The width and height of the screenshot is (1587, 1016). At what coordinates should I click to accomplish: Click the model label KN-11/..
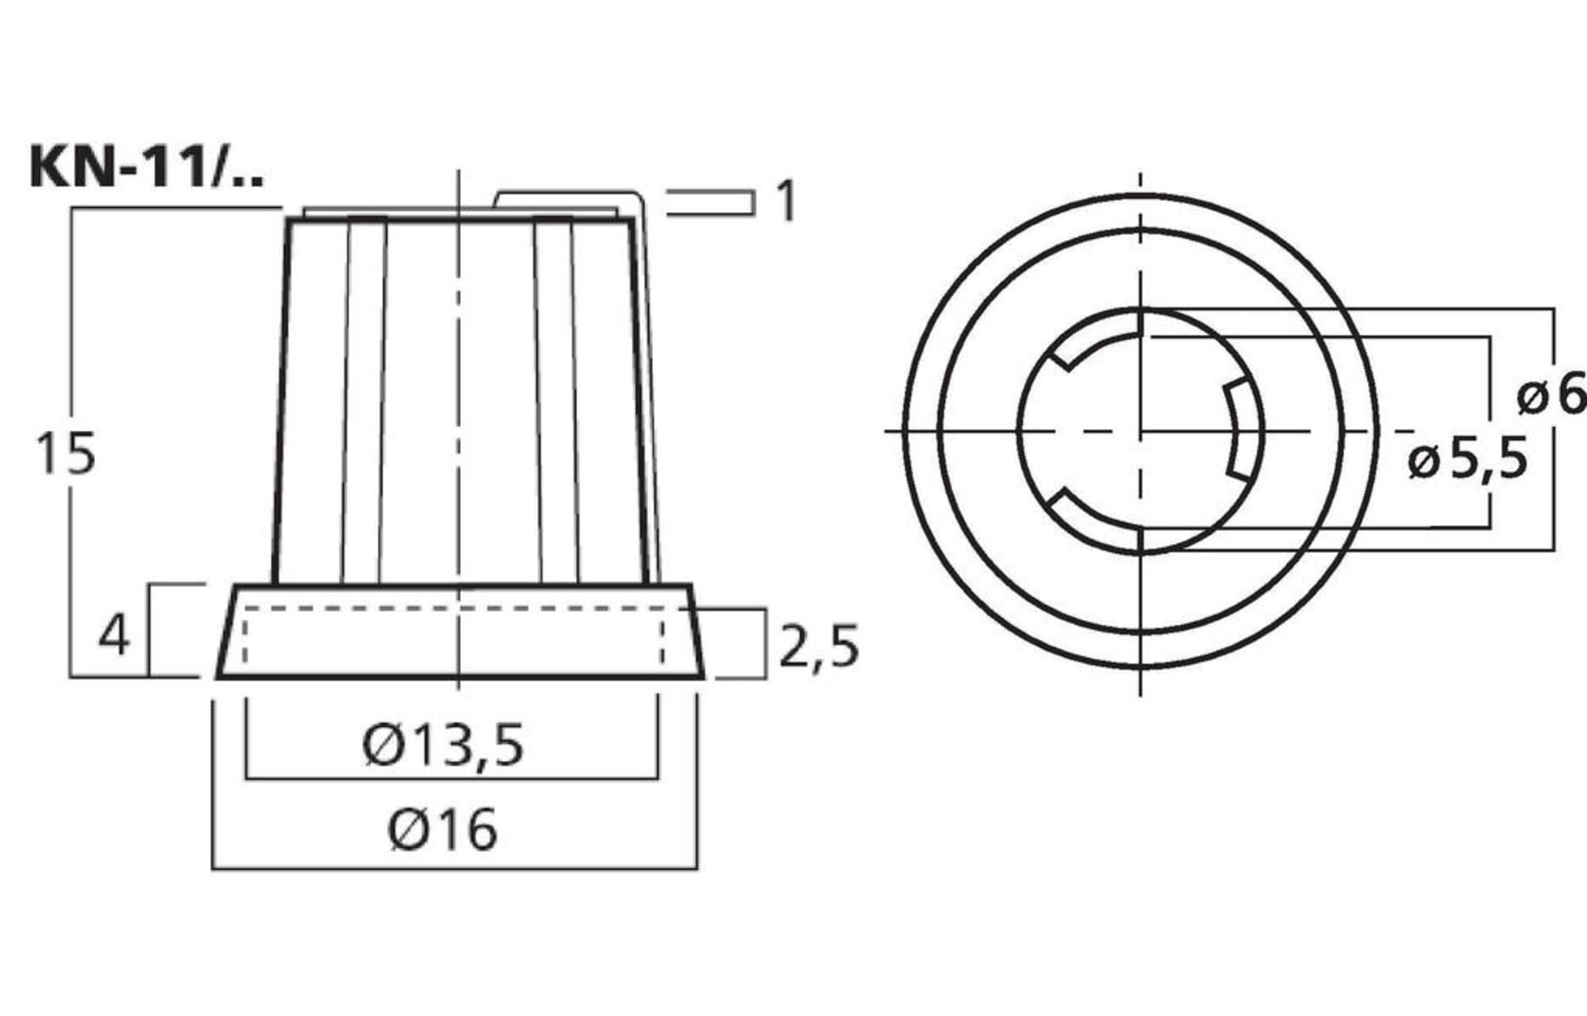pos(147,167)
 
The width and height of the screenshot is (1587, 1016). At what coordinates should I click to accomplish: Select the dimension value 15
pos(67,454)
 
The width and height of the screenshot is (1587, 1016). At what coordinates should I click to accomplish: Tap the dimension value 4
pos(114,636)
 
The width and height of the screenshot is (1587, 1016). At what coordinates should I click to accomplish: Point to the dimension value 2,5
pos(819,646)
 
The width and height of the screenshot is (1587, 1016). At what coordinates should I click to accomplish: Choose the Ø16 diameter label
pos(443,829)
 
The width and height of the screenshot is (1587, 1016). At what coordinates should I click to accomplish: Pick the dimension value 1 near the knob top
pos(786,201)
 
